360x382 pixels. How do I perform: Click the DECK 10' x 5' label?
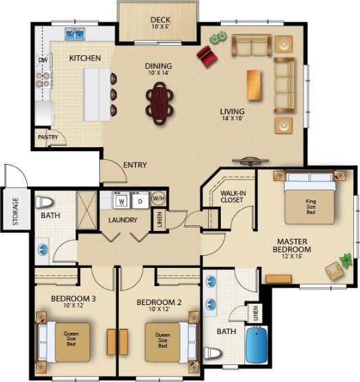click(159, 24)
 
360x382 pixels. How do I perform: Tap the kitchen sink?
click(74, 33)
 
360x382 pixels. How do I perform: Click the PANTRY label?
click(47, 137)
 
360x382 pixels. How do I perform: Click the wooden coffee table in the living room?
click(254, 84)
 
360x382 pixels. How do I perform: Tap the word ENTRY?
click(135, 165)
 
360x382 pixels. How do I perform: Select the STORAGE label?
click(14, 212)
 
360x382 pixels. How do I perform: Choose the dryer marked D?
click(140, 200)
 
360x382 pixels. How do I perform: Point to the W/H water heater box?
click(159, 198)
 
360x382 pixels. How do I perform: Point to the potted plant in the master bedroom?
click(346, 259)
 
